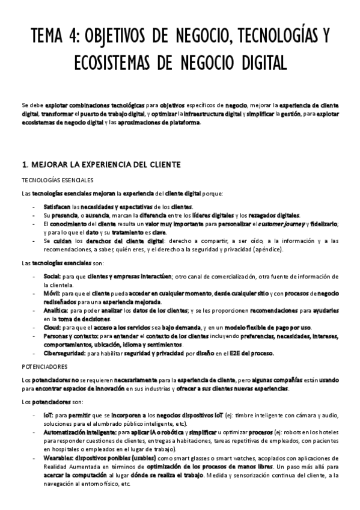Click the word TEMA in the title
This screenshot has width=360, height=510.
coord(49,37)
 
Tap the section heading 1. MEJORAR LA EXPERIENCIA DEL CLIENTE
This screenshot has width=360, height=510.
coord(97,164)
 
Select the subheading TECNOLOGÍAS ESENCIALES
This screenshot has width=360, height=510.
coord(56,180)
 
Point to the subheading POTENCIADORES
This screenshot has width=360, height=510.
coord(44,366)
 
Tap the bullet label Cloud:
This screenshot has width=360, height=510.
coord(52,327)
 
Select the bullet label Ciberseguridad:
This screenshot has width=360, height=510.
coord(64,354)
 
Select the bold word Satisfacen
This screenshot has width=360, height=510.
coord(57,206)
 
